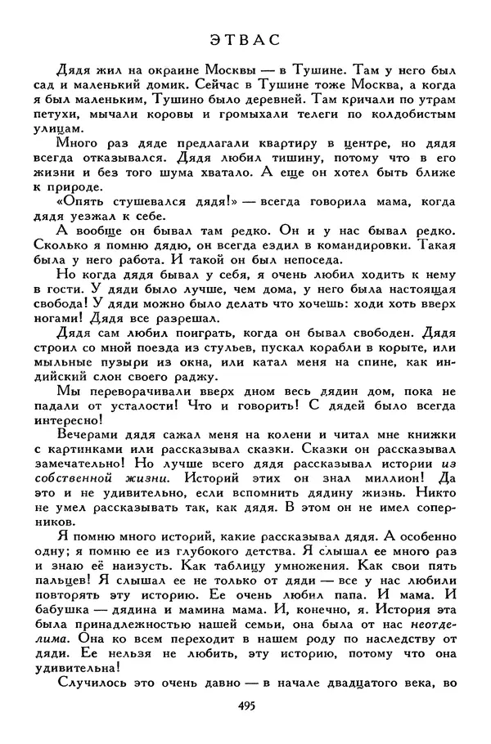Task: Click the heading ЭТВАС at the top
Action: pyautogui.click(x=245, y=38)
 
